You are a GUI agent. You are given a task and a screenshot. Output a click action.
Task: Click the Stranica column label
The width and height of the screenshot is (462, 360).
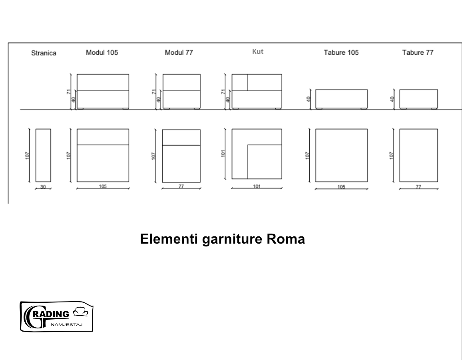(x=44, y=53)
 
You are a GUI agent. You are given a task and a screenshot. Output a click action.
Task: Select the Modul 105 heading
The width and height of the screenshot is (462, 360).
(x=102, y=52)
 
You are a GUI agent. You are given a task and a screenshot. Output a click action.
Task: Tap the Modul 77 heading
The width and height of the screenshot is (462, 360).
(x=179, y=52)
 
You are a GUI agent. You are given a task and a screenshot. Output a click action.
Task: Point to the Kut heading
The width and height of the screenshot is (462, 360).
(x=258, y=52)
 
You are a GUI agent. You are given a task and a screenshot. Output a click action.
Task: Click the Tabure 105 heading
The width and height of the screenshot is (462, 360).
(x=341, y=52)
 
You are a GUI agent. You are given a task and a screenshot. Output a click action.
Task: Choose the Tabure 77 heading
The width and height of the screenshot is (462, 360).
(x=418, y=52)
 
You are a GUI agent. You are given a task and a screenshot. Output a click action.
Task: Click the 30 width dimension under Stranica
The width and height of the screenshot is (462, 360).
(x=43, y=187)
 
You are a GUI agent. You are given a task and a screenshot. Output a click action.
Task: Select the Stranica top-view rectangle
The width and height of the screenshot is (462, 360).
(x=43, y=155)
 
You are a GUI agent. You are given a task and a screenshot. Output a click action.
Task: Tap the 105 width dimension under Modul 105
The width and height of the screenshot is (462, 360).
(x=103, y=186)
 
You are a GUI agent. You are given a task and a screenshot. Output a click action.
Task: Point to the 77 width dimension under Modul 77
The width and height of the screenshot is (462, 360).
(x=181, y=186)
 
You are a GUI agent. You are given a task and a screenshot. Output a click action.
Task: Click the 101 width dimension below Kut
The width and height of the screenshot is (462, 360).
(x=257, y=186)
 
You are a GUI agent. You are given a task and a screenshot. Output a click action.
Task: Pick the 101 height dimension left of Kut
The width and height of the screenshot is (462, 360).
(x=225, y=153)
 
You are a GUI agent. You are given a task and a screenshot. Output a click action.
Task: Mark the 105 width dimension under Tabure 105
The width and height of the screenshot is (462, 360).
(x=341, y=187)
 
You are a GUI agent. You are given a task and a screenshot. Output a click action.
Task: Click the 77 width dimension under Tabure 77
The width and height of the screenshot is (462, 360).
(x=418, y=187)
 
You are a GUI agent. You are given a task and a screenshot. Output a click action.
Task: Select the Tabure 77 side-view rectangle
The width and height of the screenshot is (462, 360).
(x=418, y=98)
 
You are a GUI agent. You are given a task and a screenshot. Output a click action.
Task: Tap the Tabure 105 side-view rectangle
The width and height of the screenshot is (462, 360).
(x=341, y=98)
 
